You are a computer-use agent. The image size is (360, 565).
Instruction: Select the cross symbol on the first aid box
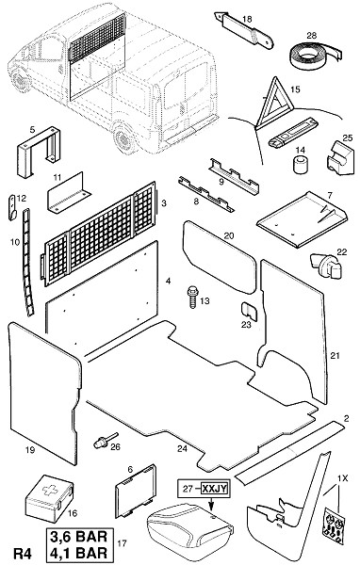point(49,490)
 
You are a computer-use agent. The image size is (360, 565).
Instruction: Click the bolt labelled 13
point(192,297)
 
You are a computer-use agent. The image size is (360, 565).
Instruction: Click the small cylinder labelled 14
point(300,164)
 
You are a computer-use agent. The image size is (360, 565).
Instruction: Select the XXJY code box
point(214,489)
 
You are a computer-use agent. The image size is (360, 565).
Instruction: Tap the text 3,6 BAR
point(78,537)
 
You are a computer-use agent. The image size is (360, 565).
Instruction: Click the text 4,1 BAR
point(78,552)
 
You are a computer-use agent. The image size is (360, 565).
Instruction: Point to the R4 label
point(23,553)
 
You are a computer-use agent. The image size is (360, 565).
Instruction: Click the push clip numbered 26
point(105,440)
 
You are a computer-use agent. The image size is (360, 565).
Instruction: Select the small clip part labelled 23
point(248,311)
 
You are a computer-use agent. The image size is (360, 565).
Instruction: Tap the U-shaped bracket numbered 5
point(39,152)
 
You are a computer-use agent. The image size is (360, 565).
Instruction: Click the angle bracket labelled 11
point(69,194)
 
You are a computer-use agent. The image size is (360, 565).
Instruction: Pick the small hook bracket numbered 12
point(12,207)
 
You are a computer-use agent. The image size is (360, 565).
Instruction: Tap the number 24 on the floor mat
point(182,448)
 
